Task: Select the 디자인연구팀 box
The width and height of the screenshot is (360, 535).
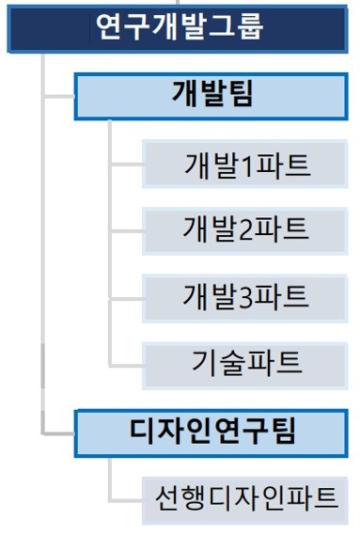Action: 215,432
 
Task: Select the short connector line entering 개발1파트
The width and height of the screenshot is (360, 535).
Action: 126,165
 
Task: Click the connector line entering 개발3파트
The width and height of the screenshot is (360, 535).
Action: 126,295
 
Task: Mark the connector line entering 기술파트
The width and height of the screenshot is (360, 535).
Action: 126,362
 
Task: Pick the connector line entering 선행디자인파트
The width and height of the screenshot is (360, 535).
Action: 126,498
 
